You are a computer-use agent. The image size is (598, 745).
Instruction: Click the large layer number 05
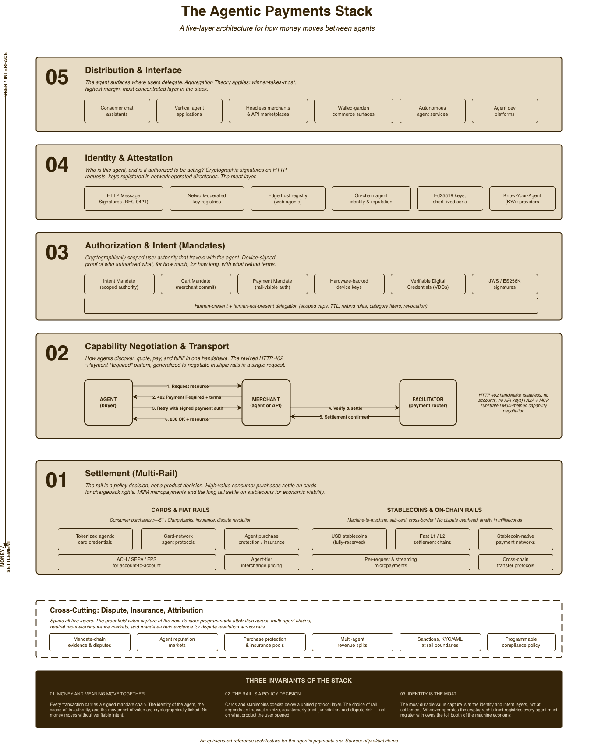tap(57, 78)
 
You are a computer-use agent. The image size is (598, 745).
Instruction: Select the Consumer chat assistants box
tap(117, 111)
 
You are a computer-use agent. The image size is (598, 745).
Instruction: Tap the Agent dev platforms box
tap(504, 111)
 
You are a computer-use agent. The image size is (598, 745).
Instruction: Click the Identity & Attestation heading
tap(129, 158)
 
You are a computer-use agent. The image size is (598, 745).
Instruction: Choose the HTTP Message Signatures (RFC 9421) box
tap(124, 199)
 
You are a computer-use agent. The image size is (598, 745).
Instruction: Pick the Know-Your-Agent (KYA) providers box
tap(522, 199)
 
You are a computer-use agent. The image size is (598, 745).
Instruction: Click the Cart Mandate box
tap(196, 284)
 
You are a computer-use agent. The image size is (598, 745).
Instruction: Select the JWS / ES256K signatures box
tap(504, 284)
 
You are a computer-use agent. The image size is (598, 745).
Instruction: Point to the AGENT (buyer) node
tap(108, 402)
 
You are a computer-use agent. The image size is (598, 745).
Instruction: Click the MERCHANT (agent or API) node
tap(266, 402)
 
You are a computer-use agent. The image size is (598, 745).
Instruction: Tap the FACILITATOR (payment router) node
tap(428, 402)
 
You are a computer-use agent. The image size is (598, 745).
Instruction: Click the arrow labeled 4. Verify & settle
tap(345, 408)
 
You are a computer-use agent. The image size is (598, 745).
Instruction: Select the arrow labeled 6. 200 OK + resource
tap(187, 419)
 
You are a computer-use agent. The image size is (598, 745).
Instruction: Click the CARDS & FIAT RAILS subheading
tap(180, 510)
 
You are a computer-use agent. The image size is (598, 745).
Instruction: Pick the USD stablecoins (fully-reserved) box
tap(349, 539)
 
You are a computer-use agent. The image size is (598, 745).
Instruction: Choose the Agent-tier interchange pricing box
tap(262, 562)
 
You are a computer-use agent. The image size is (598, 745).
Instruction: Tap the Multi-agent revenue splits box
tap(352, 642)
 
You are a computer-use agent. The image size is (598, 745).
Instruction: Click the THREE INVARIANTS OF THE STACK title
tap(299, 681)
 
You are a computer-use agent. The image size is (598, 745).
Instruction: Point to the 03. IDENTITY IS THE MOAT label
tap(428, 694)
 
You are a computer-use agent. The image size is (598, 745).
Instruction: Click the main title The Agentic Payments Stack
tap(277, 11)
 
